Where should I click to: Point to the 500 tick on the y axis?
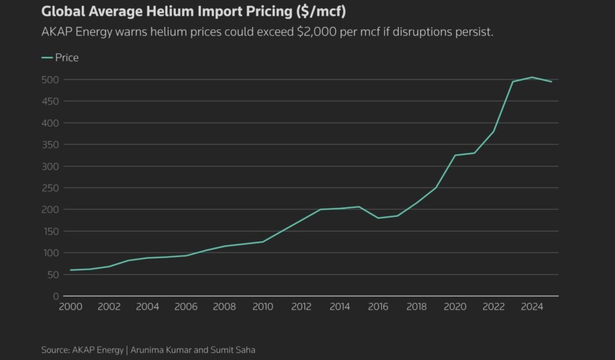[50, 80]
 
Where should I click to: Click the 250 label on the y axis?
[50, 188]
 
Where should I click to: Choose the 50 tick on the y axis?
[53, 275]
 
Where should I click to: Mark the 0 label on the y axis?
[56, 296]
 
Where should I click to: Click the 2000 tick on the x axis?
[70, 307]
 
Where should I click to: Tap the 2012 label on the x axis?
[301, 307]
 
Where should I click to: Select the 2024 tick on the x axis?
[532, 307]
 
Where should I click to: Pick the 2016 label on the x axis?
[378, 307]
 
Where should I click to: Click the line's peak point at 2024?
[532, 77]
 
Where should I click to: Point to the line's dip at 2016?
[378, 218]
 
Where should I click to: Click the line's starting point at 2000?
[70, 270]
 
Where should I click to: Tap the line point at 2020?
[455, 155]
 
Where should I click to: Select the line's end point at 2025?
[551, 82]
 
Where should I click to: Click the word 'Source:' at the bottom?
[56, 350]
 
